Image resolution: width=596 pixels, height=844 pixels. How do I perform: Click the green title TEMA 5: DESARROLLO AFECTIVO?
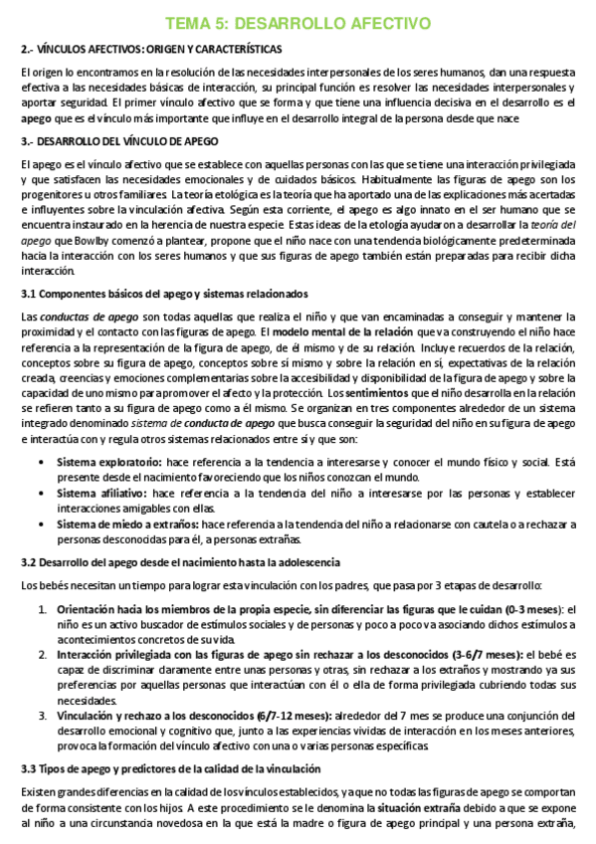298,23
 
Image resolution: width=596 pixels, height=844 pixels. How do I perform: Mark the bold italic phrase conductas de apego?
89,316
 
